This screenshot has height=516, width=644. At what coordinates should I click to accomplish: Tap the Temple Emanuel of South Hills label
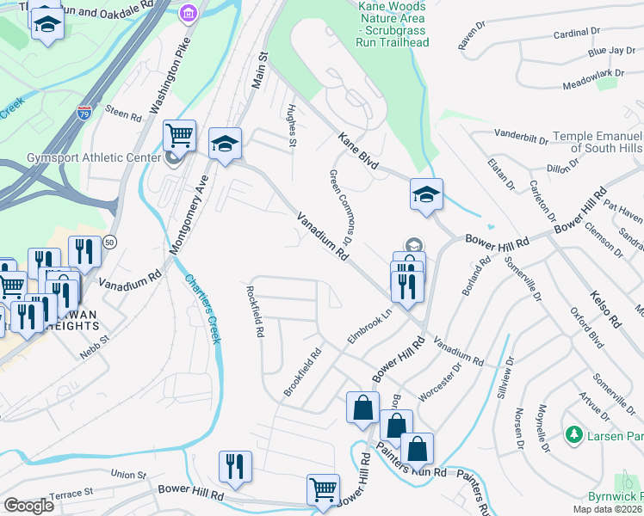point(598,143)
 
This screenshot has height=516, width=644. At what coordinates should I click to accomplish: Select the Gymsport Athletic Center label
point(82,157)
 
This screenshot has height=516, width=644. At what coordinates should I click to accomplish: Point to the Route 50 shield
point(109,243)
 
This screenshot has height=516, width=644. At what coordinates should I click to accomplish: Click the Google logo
point(28,506)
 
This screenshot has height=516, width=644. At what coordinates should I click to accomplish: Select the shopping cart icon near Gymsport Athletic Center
point(179,135)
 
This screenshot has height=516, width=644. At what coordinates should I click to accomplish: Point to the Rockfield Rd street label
point(255,311)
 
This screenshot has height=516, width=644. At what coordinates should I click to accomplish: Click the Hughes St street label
point(291,126)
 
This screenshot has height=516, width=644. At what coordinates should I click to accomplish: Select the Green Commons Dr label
point(342,207)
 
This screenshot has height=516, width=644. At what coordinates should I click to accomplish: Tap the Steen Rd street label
point(122,112)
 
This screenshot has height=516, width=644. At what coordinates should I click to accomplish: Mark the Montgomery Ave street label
point(190,213)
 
